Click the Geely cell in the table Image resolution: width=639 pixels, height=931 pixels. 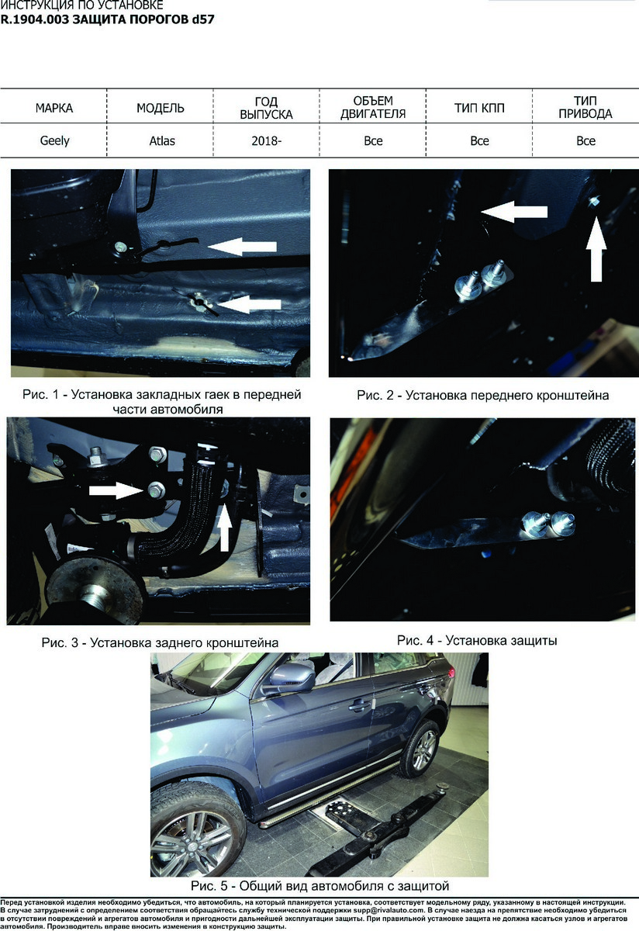tap(54, 141)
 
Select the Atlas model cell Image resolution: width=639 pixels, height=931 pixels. tap(162, 141)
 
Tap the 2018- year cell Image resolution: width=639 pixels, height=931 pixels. tap(266, 141)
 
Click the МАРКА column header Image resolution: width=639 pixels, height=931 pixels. tap(54, 108)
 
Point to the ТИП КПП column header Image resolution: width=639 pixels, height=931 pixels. tap(479, 108)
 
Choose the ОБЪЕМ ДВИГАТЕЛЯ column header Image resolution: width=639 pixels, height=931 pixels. tap(373, 107)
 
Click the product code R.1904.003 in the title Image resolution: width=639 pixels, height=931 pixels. tap(34, 19)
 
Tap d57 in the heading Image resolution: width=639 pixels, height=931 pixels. tap(203, 19)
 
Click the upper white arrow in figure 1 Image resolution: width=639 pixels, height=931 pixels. tap(242, 247)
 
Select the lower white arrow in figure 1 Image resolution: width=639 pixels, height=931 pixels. tap(248, 304)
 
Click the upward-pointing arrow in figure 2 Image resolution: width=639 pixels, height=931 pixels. tap(596, 249)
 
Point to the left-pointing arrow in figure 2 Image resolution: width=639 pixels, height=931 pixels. tap(514, 212)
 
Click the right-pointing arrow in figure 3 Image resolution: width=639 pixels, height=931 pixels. tap(116, 490)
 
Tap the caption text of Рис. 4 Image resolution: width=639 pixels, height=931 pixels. tap(477, 641)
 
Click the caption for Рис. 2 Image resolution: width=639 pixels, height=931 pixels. tap(483, 395)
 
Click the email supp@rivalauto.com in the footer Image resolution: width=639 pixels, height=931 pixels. tap(392, 910)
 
